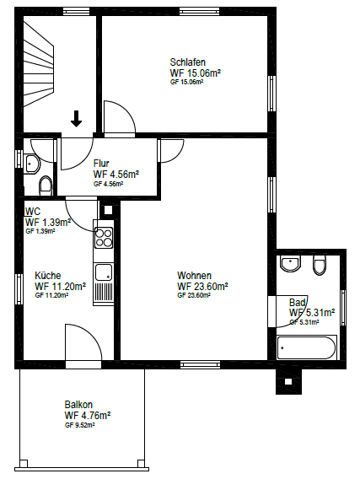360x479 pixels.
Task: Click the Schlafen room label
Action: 187,62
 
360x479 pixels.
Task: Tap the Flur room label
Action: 101,163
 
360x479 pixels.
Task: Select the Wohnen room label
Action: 194,276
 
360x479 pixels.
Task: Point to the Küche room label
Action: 48,276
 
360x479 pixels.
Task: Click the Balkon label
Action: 78,404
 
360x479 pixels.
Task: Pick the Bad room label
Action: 297,302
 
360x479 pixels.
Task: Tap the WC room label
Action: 34,211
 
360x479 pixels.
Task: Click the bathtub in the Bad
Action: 307,347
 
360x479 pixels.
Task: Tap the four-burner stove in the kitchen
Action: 103,237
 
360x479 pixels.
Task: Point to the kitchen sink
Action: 104,272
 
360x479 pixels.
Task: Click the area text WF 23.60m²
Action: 202,286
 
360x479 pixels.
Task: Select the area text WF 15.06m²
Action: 195,73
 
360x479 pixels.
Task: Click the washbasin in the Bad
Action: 292,264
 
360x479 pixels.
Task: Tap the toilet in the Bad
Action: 319,266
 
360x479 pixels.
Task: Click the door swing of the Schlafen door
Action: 116,118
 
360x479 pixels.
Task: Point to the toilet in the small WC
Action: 45,184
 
